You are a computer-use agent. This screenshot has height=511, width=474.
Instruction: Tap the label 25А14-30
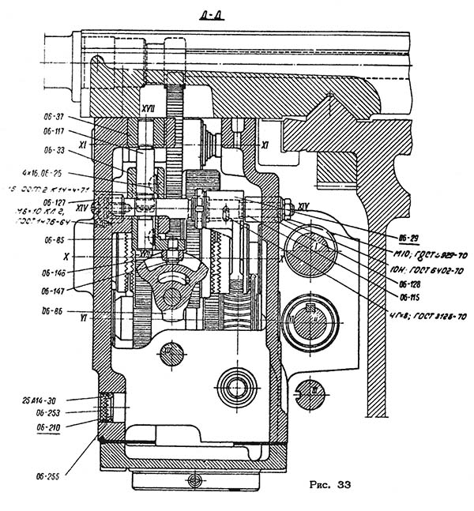[x=51, y=399]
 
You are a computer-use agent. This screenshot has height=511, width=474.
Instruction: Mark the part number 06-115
[x=411, y=297]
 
